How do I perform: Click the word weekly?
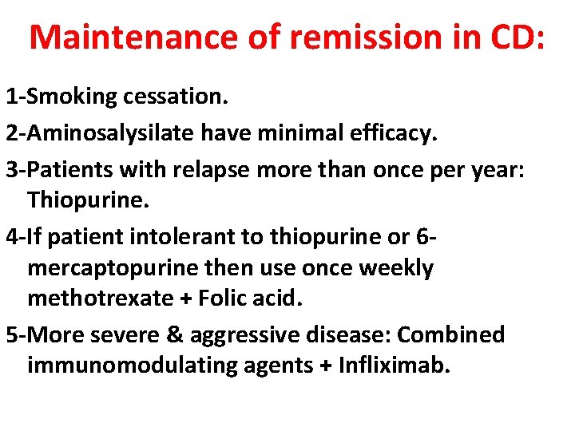click(x=396, y=268)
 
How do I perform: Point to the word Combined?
click(x=450, y=334)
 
